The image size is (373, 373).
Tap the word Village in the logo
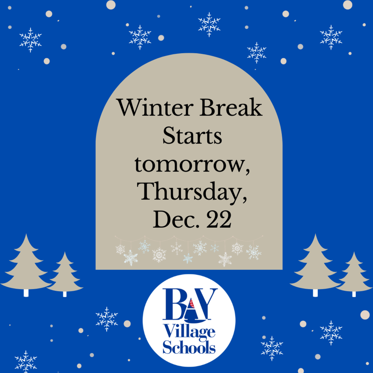pos(189,333)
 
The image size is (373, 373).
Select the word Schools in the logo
pos(189,347)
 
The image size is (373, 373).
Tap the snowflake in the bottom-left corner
pos(26,361)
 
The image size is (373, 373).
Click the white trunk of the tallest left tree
pos(26,293)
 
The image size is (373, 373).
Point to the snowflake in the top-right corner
pos(331,37)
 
